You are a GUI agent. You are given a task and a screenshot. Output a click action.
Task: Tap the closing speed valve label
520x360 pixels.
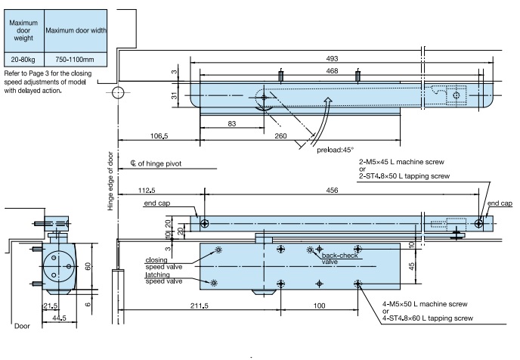163,263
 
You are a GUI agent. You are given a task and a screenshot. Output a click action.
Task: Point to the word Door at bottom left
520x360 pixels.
22,327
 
